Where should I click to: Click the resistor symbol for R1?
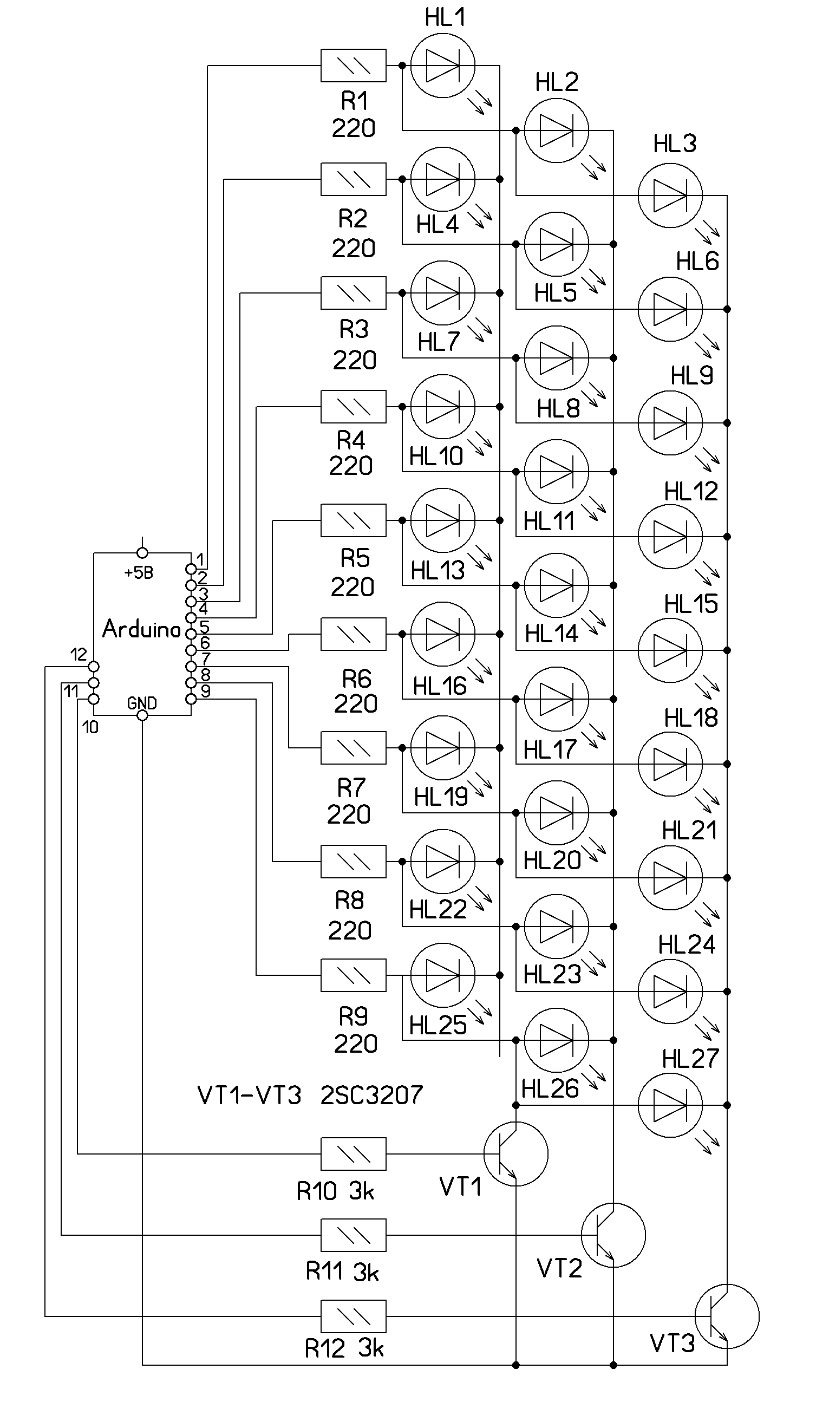pyautogui.click(x=353, y=66)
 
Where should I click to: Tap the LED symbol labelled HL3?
pyautogui.click(x=670, y=195)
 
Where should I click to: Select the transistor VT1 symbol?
pyautogui.click(x=515, y=1154)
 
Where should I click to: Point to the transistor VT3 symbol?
pyautogui.click(x=727, y=1316)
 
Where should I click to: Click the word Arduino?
pyautogui.click(x=141, y=629)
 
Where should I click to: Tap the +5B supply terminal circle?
pyautogui.click(x=142, y=553)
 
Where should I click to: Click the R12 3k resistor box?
pyautogui.click(x=353, y=1316)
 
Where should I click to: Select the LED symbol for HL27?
pyautogui.click(x=670, y=1105)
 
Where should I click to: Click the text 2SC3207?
pyautogui.click(x=371, y=1095)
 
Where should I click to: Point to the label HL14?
pyautogui.click(x=551, y=634)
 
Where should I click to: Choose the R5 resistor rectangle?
pyautogui.click(x=353, y=520)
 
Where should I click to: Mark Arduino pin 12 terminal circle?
pyautogui.click(x=94, y=666)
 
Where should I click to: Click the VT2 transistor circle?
pyautogui.click(x=613, y=1235)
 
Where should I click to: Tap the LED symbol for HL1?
pyautogui.click(x=443, y=66)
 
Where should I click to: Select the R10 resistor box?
pyautogui.click(x=353, y=1154)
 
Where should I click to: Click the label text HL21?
pyautogui.click(x=689, y=831)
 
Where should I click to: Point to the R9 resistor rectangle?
pyautogui.click(x=353, y=975)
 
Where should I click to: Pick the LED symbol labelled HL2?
pyautogui.click(x=557, y=131)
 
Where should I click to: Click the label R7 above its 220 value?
pyautogui.click(x=351, y=788)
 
